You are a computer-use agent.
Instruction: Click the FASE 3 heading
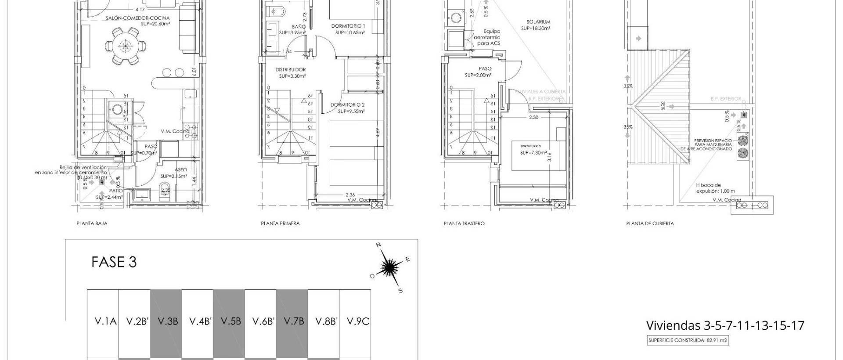click(114, 262)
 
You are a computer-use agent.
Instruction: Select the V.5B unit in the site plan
click(231, 321)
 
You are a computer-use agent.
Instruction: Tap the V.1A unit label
click(106, 321)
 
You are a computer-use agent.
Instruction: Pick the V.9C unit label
click(358, 321)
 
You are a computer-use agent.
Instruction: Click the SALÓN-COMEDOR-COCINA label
click(137, 18)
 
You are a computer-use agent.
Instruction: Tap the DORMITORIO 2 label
click(347, 105)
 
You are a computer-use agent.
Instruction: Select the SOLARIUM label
click(538, 22)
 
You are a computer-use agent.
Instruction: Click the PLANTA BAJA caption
click(92, 223)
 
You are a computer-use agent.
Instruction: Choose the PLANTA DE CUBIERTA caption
click(650, 223)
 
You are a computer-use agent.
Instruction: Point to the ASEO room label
click(180, 169)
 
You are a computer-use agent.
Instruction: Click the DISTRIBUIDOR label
click(290, 69)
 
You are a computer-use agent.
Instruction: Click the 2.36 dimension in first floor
click(350, 194)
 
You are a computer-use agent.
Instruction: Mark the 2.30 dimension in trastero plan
click(533, 117)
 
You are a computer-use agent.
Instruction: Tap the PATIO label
click(116, 191)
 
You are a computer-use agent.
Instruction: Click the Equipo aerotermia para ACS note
click(492, 37)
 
